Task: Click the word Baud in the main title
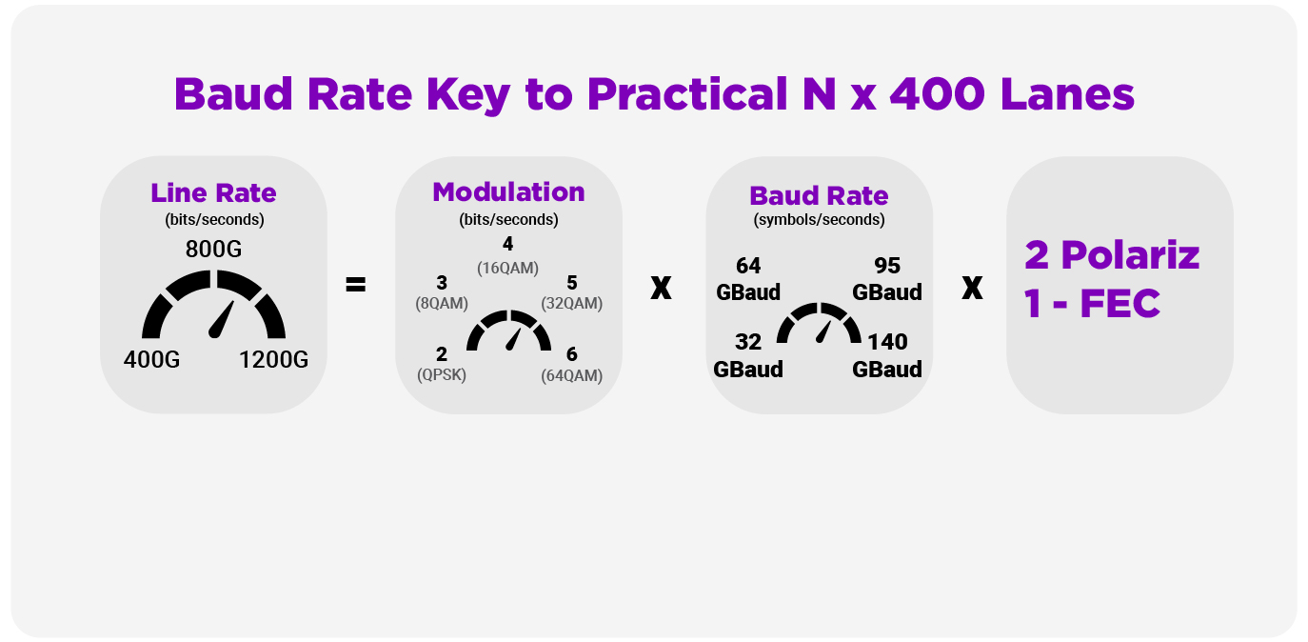[233, 94]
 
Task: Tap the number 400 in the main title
[937, 94]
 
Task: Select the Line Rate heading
[213, 192]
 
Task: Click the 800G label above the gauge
[213, 249]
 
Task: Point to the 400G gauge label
[151, 359]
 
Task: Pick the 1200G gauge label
[273, 359]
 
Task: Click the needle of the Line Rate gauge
[221, 319]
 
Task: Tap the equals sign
[356, 285]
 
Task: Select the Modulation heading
[508, 192]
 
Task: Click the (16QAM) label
[507, 268]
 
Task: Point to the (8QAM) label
[442, 303]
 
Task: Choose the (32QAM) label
[572, 303]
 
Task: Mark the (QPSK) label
[442, 374]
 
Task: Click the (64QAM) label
[572, 375]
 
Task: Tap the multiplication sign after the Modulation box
[661, 288]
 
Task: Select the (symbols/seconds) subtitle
[819, 220]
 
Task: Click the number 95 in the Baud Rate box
[887, 266]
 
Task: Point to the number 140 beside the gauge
[887, 342]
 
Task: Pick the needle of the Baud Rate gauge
[823, 331]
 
